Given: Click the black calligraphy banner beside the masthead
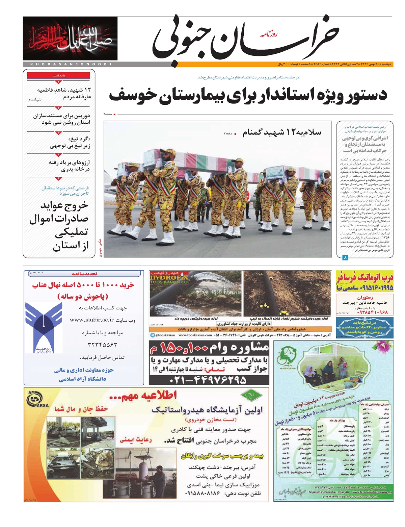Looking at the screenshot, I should (x=70, y=39).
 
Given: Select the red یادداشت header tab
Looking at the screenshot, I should (x=59, y=76).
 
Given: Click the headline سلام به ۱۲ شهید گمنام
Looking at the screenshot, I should (x=281, y=132).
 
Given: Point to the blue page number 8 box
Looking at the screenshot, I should (x=345, y=258).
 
